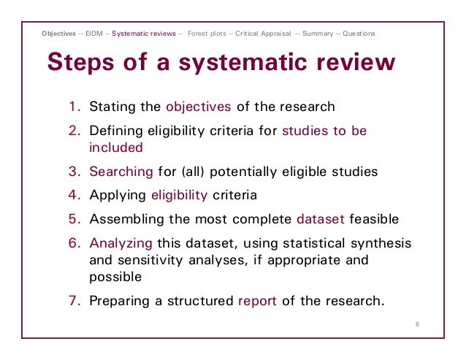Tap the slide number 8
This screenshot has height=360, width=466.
[417, 324]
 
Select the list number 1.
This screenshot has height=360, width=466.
[75, 107]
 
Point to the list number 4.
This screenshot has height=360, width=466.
[75, 195]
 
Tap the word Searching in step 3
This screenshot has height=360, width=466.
[121, 172]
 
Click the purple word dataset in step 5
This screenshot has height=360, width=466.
[322, 218]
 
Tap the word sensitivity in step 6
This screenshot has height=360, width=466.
[148, 259]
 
